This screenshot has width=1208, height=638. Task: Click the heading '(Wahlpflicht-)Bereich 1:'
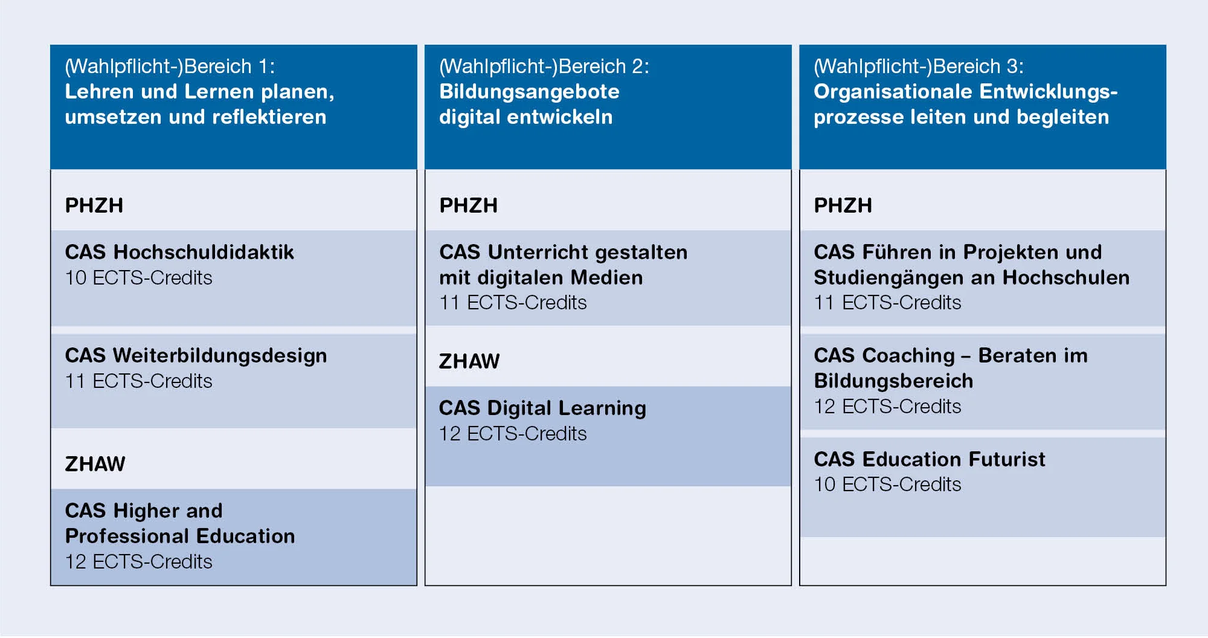[x=170, y=66]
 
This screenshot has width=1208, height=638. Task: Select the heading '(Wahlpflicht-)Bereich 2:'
[x=544, y=66]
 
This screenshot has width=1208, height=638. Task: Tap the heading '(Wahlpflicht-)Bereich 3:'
[x=919, y=66]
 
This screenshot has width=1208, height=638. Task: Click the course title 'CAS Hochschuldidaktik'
[x=179, y=252]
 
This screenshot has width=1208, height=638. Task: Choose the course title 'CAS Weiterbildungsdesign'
[x=196, y=356]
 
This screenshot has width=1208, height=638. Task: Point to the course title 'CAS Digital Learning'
[x=542, y=408]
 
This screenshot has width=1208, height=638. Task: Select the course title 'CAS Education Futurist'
[x=929, y=459]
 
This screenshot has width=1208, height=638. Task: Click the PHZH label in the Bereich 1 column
[x=94, y=205]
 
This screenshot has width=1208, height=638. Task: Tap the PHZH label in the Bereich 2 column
[x=469, y=205]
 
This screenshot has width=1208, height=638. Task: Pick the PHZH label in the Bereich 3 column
[x=843, y=205]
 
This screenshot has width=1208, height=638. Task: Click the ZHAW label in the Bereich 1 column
[x=95, y=464]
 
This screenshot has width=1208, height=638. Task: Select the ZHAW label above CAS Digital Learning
[x=469, y=361]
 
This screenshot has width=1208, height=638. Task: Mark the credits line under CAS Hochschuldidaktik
[x=139, y=278]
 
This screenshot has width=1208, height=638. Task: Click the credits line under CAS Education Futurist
[x=887, y=485]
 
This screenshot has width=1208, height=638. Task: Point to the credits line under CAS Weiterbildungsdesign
[x=139, y=381]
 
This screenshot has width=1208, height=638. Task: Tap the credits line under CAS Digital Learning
[x=513, y=434]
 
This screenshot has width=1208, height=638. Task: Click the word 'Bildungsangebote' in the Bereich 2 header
[x=529, y=92]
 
